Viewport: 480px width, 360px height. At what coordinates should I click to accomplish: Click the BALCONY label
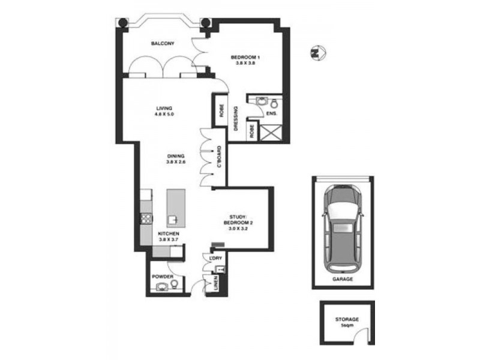163,44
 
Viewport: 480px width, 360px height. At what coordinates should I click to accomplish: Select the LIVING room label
164,108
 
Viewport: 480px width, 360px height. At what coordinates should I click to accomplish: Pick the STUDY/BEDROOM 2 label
238,220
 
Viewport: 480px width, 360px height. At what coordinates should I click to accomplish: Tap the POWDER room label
163,277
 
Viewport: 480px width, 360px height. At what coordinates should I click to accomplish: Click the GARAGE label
343,280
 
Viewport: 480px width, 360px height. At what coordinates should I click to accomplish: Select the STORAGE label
347,319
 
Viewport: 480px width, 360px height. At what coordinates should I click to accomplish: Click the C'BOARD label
220,157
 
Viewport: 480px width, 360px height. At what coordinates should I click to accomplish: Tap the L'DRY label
215,258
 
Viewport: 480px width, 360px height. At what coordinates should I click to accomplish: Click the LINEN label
215,287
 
